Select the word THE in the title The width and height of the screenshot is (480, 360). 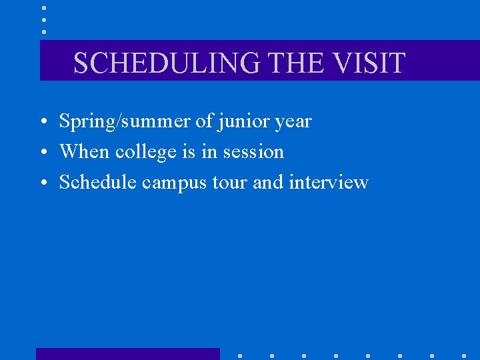pyautogui.click(x=295, y=63)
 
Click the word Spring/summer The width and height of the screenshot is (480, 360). pyautogui.click(x=124, y=122)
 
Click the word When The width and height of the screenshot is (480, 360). pyautogui.click(x=85, y=152)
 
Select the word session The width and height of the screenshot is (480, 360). pyautogui.click(x=253, y=152)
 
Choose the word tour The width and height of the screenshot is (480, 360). pyautogui.click(x=230, y=182)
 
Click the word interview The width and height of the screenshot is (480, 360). pyautogui.click(x=329, y=182)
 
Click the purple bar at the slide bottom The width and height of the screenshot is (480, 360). pyautogui.click(x=127, y=354)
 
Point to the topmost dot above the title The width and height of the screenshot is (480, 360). pyautogui.click(x=44, y=7)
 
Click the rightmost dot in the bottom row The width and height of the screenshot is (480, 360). pyautogui.click(x=464, y=355)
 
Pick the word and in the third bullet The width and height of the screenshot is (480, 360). pyautogui.click(x=268, y=182)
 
